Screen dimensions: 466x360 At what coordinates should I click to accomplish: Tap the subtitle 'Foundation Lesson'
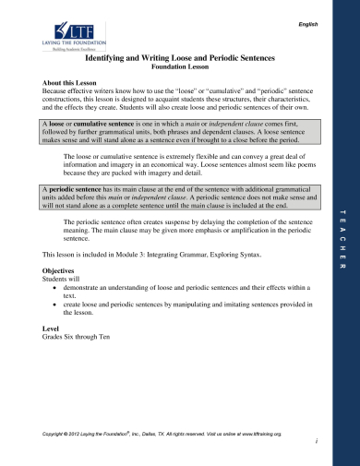pyautogui.click(x=180, y=67)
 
